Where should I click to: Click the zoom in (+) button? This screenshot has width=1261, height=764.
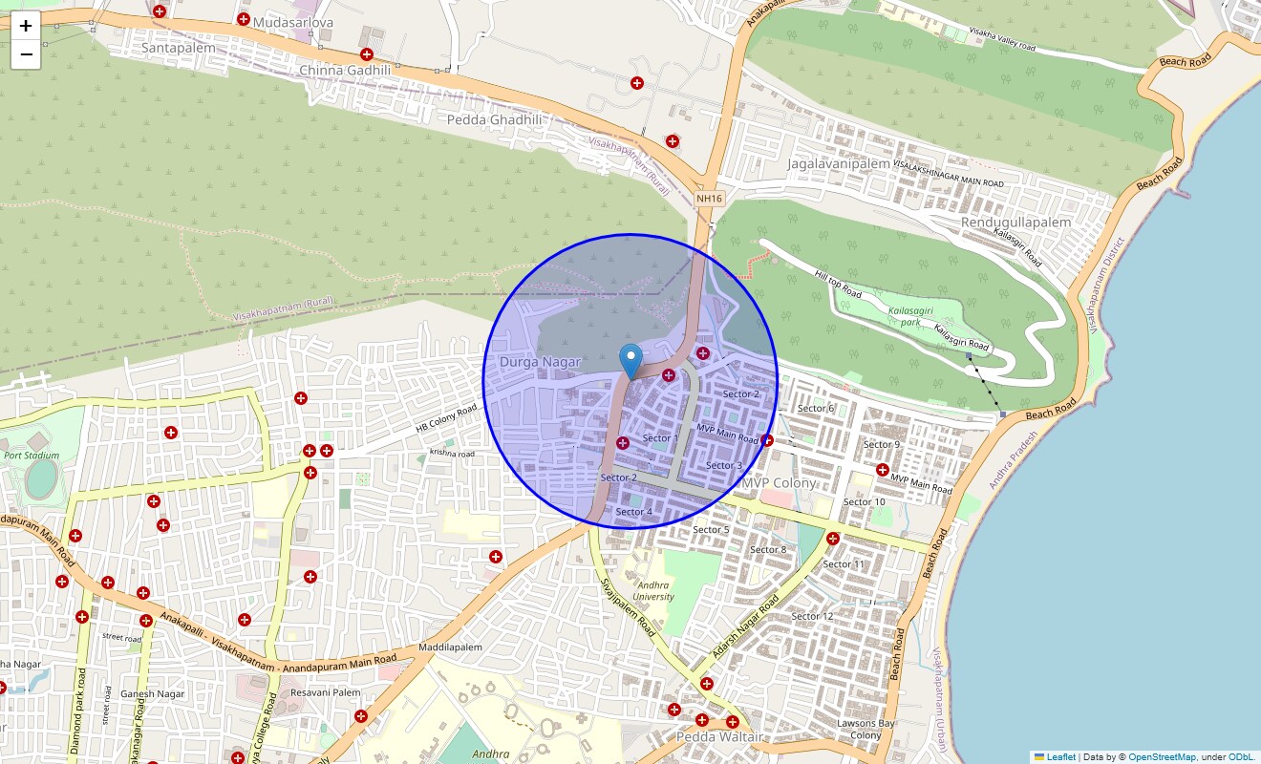point(26,26)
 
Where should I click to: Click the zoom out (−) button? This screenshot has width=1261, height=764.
point(26,54)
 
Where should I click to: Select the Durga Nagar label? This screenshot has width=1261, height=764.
point(540,362)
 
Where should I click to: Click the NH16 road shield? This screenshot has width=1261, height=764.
point(710,199)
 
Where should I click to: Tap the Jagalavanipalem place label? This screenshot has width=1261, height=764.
point(838,163)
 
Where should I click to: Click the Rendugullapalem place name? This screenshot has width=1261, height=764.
point(1015,222)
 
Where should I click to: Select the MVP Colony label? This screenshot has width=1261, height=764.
point(780,483)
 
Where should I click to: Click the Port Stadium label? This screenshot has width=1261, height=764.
point(32,456)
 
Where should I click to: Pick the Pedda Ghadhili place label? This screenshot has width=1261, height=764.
point(494,119)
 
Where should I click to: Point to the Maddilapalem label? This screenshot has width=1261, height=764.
point(450,647)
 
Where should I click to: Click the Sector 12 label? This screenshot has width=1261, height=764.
point(812,616)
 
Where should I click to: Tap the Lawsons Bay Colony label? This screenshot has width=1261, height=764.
point(866,730)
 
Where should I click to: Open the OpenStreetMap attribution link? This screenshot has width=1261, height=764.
point(1162,757)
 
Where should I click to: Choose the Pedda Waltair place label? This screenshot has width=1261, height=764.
point(719,737)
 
